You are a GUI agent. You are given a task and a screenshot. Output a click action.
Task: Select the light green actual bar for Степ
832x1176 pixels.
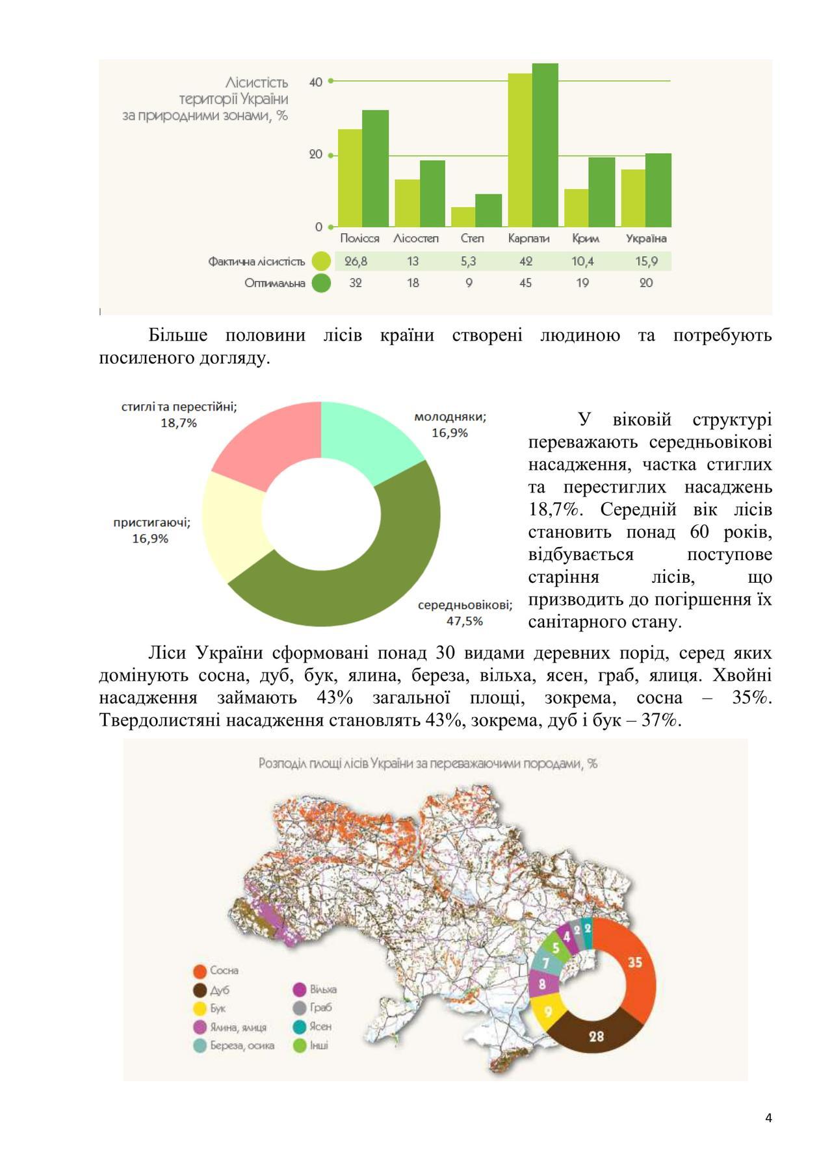463,217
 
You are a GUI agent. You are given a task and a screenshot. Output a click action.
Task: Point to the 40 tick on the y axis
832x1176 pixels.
316,83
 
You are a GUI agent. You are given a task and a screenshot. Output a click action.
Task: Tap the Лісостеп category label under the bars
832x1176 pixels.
416,238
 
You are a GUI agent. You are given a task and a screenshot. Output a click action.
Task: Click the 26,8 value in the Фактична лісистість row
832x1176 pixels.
356,261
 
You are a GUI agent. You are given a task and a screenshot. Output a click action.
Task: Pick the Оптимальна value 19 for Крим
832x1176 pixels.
582,283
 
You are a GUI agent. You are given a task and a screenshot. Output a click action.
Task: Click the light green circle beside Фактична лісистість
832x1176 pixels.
321,261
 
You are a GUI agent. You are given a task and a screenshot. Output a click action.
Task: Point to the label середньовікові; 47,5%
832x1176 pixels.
465,613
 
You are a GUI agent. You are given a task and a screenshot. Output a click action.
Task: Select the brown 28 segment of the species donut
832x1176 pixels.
596,1036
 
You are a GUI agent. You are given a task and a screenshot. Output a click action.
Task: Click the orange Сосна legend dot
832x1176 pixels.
200,971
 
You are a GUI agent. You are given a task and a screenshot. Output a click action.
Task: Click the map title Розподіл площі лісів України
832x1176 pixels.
428,763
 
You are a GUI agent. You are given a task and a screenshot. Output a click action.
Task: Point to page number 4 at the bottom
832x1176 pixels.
769,1118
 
